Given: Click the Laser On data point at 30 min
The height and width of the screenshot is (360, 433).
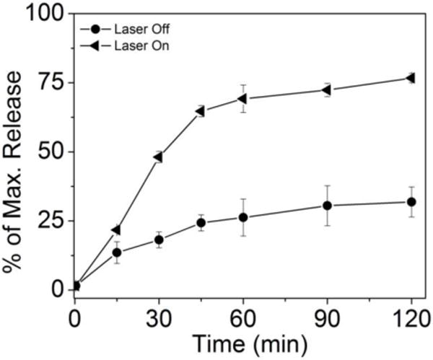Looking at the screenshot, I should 158,157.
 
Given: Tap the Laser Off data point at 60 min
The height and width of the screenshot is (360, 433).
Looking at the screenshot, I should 243,217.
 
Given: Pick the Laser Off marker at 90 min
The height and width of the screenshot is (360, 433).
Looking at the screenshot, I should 327,206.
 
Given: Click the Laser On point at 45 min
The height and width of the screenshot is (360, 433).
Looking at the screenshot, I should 200,111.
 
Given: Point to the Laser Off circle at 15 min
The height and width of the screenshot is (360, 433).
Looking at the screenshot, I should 116,253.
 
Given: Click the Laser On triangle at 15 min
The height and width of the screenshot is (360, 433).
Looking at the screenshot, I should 115,230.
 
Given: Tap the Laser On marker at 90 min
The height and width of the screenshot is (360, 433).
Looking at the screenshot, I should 327,90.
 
